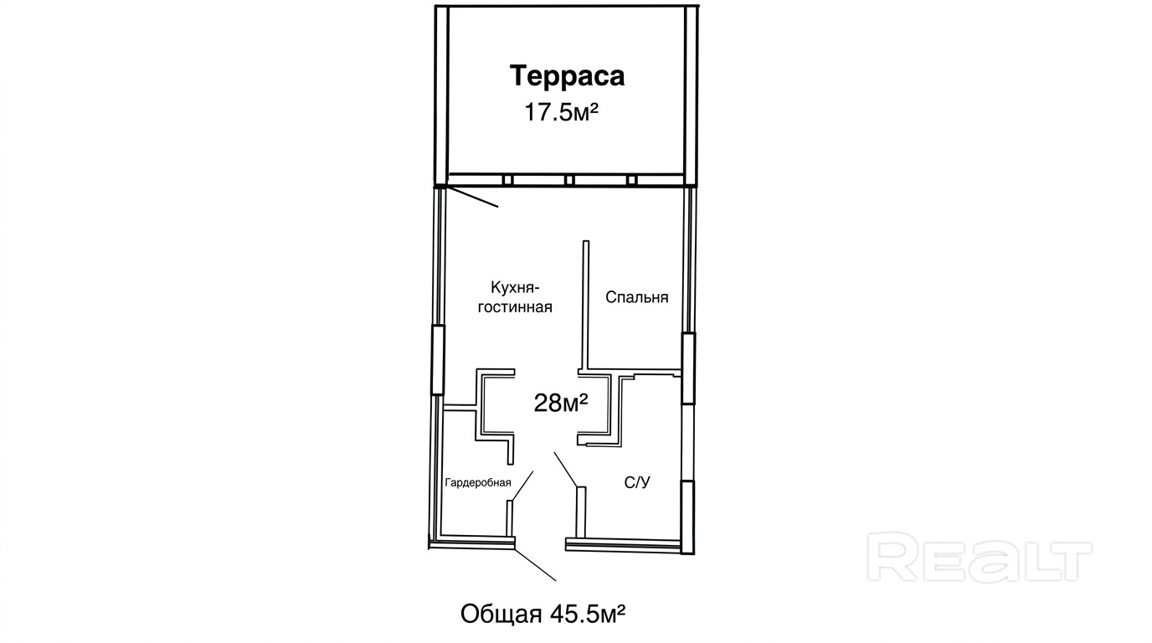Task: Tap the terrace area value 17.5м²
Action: [561, 111]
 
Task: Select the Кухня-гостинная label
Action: [516, 297]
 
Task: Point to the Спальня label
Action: [636, 297]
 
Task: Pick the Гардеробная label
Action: [478, 482]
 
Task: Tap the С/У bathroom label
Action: [637, 482]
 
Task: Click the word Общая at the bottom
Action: [501, 614]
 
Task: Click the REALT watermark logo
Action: [980, 557]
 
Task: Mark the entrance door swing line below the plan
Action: [535, 565]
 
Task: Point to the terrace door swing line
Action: [471, 197]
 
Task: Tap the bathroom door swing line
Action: [566, 470]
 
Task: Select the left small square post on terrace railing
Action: [507, 180]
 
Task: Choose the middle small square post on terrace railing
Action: [568, 180]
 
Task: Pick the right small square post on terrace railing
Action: [632, 180]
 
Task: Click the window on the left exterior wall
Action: [437, 360]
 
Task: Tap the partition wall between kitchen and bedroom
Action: [585, 305]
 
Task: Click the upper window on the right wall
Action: [688, 368]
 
